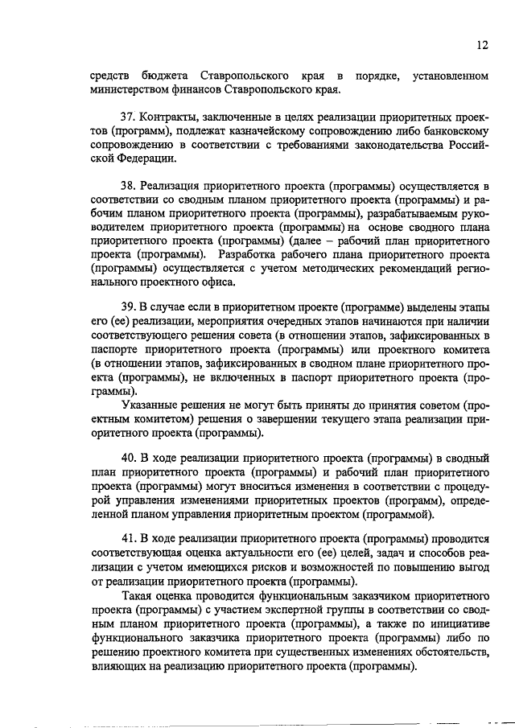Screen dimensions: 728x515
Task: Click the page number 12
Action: [x=481, y=47]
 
